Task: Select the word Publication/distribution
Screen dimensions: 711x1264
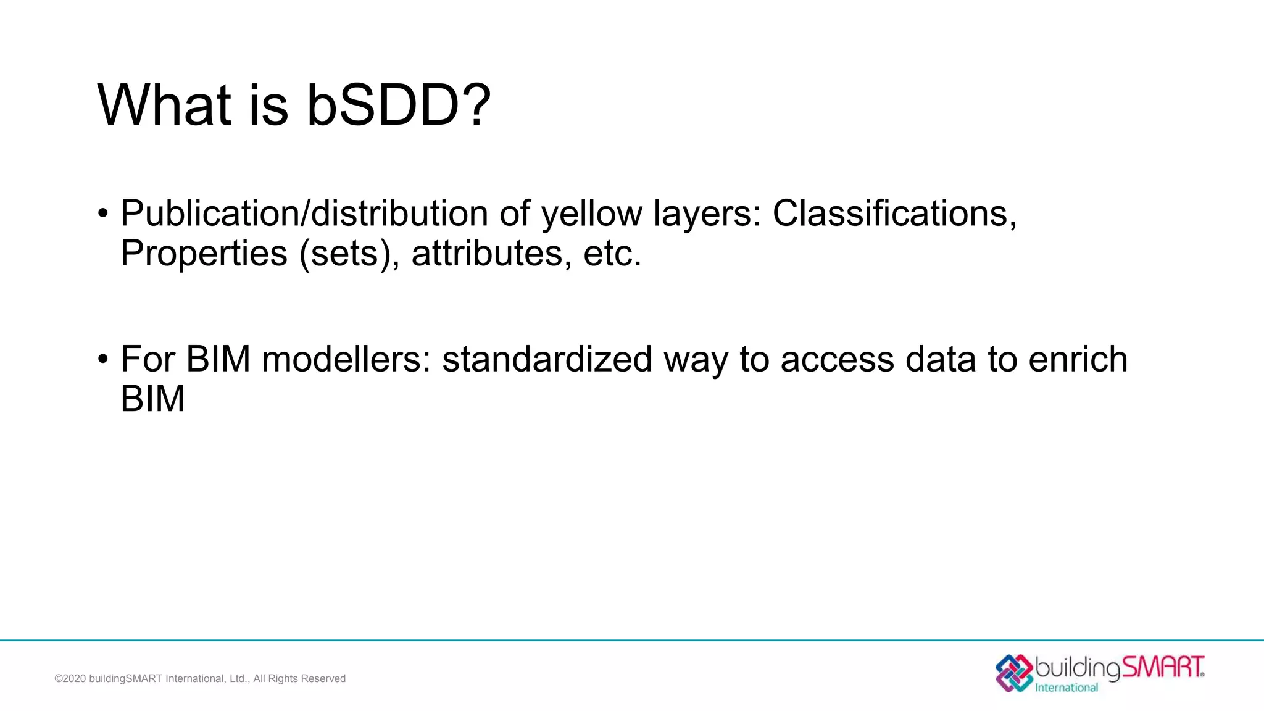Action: click(x=304, y=214)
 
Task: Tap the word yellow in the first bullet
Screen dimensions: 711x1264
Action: click(x=591, y=215)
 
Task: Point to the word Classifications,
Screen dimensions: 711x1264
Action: click(x=894, y=214)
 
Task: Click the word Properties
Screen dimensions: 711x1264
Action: click(x=204, y=253)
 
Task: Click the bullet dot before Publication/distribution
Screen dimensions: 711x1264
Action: click(x=103, y=214)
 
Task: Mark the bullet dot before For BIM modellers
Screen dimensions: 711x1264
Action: click(x=103, y=359)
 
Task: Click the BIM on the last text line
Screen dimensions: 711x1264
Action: click(x=152, y=399)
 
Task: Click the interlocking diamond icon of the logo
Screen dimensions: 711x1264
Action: click(x=1014, y=673)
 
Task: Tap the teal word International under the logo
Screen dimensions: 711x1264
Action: click(x=1066, y=688)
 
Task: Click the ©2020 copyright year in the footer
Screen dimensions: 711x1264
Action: click(x=70, y=679)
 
